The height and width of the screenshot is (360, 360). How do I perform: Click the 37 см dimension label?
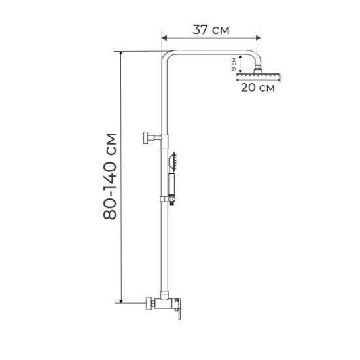point(211,30)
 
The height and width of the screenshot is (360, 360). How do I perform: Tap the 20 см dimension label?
point(258,88)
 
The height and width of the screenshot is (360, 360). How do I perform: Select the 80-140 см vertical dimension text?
point(110,177)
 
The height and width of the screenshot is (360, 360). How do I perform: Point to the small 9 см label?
point(234,64)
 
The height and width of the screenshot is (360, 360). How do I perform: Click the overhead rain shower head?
point(258,75)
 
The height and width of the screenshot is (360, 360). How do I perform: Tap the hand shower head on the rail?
point(173,162)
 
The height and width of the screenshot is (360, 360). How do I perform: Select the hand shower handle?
point(171,185)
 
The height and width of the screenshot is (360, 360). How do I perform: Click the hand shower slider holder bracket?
point(168,200)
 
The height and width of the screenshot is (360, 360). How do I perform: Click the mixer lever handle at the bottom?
point(178,308)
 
